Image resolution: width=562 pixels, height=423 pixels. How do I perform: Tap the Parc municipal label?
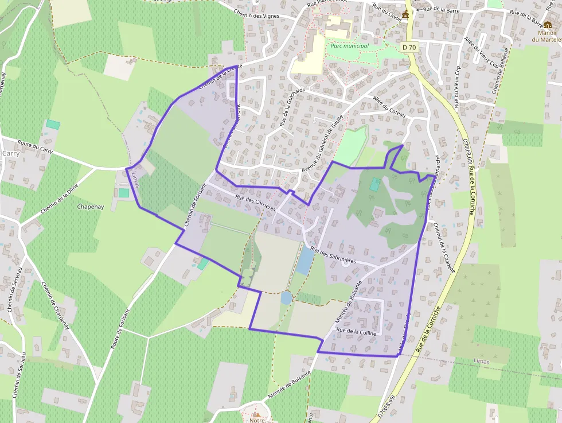(x=349, y=45)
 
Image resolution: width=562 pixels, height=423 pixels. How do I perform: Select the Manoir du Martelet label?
(x=547, y=36)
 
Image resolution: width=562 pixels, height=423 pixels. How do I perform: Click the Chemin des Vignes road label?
(x=256, y=15)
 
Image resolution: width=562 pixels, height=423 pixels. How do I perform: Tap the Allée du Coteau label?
(x=389, y=107)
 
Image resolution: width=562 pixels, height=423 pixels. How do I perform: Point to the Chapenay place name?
(x=90, y=207)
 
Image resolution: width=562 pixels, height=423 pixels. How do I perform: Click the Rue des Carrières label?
(x=255, y=204)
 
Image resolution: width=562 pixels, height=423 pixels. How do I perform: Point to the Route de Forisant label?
(x=119, y=333)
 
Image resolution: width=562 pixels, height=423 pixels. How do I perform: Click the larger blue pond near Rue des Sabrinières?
(x=305, y=261)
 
